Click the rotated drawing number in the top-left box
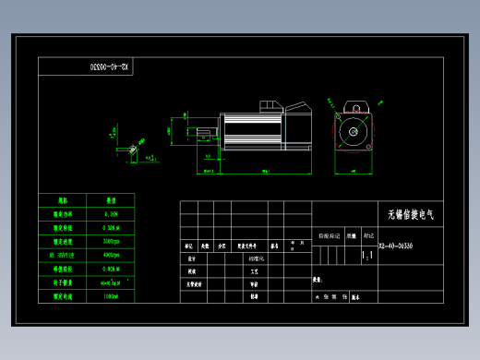coord(111,66)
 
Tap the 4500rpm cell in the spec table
coord(110,253)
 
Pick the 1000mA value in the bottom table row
coord(110,296)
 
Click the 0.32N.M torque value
coord(110,225)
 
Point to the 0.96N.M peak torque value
coord(110,268)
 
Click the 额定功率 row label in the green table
coord(62,211)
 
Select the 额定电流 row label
coord(62,296)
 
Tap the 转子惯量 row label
coord(62,282)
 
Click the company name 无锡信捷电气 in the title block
coord(410,214)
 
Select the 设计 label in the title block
coord(191,259)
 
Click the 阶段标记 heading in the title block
coord(329,236)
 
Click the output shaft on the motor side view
coord(186,130)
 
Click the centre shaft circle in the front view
coord(354,132)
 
